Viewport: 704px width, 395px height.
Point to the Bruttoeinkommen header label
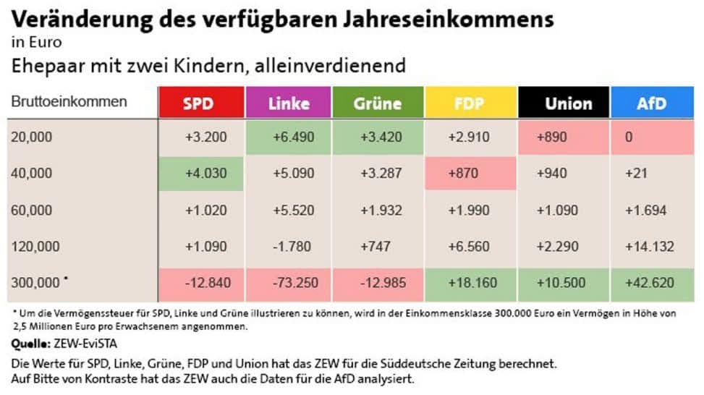pos(69,101)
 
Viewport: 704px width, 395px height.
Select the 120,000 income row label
pos(36,246)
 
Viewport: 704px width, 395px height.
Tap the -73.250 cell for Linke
pos(290,282)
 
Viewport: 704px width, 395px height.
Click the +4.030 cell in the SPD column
pos(200,174)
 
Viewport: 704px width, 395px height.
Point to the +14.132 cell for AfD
pos(653,246)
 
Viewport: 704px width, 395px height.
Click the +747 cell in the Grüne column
pos(381,246)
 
